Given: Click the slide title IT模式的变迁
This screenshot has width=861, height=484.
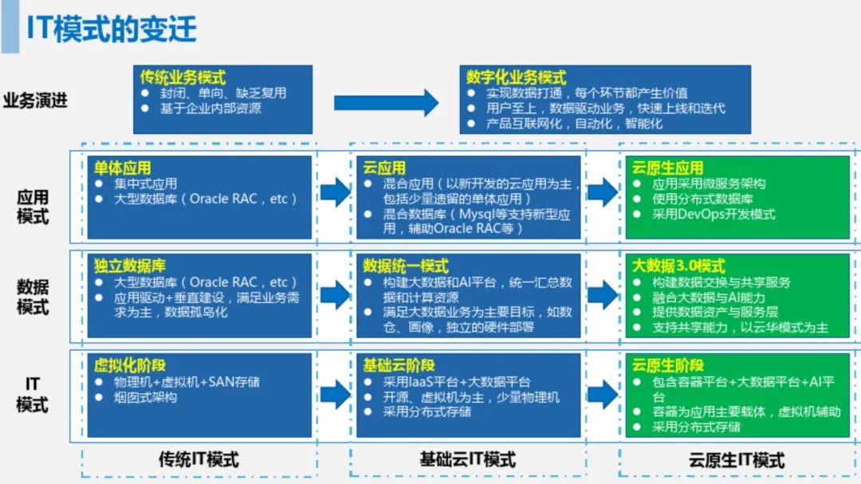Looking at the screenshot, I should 112,29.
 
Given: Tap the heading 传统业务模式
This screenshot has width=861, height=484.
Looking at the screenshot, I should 183,77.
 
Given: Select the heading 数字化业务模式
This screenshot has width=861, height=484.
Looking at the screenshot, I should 516,77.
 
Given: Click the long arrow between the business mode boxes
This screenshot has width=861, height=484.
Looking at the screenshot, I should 386,102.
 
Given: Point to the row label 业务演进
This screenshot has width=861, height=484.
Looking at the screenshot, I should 35,101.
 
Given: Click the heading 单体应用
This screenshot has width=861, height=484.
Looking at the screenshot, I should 122,168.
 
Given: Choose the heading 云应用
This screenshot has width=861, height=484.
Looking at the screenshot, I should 384,168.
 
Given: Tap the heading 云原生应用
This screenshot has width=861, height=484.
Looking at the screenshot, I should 667,168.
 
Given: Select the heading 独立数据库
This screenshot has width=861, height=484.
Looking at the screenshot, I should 129,266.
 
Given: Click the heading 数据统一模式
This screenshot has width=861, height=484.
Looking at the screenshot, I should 406,266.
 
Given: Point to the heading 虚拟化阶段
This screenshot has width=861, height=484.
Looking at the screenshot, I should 129,365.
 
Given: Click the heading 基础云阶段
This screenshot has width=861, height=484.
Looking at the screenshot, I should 399,365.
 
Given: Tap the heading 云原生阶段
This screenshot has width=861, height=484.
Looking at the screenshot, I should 667,365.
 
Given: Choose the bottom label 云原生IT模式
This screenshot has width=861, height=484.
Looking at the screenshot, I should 737,460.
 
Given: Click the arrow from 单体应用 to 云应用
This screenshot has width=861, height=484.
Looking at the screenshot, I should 335,192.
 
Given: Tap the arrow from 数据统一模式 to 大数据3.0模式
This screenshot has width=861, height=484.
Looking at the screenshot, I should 603,295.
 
